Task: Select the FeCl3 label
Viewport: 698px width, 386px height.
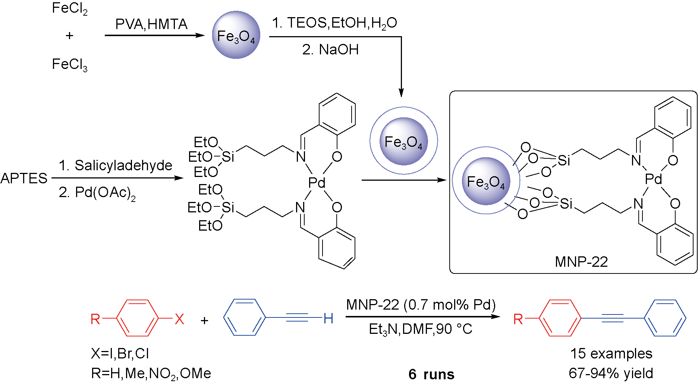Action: [x=70, y=65]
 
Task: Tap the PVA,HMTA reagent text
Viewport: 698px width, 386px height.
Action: [x=151, y=24]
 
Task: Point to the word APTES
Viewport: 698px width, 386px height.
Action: [x=24, y=178]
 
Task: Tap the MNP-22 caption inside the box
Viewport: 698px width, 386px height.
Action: [x=581, y=262]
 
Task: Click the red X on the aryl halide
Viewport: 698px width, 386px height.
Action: [x=179, y=319]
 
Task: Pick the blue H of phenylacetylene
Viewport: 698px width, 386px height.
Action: [x=328, y=319]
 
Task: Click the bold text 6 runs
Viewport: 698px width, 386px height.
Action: [x=431, y=374]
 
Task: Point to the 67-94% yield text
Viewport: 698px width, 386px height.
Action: [x=611, y=373]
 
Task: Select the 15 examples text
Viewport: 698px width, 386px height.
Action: [x=611, y=354]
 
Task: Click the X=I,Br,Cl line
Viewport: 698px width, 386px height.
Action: [x=120, y=354]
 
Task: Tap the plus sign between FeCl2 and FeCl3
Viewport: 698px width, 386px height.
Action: [x=69, y=36]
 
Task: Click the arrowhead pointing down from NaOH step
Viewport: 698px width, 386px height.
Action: [x=401, y=93]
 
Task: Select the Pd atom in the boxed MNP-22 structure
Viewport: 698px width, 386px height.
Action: [x=654, y=179]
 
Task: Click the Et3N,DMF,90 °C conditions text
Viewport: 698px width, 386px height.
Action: [x=421, y=329]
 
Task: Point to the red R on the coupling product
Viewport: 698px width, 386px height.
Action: [x=518, y=319]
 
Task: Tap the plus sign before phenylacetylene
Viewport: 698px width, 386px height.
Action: [x=204, y=320]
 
